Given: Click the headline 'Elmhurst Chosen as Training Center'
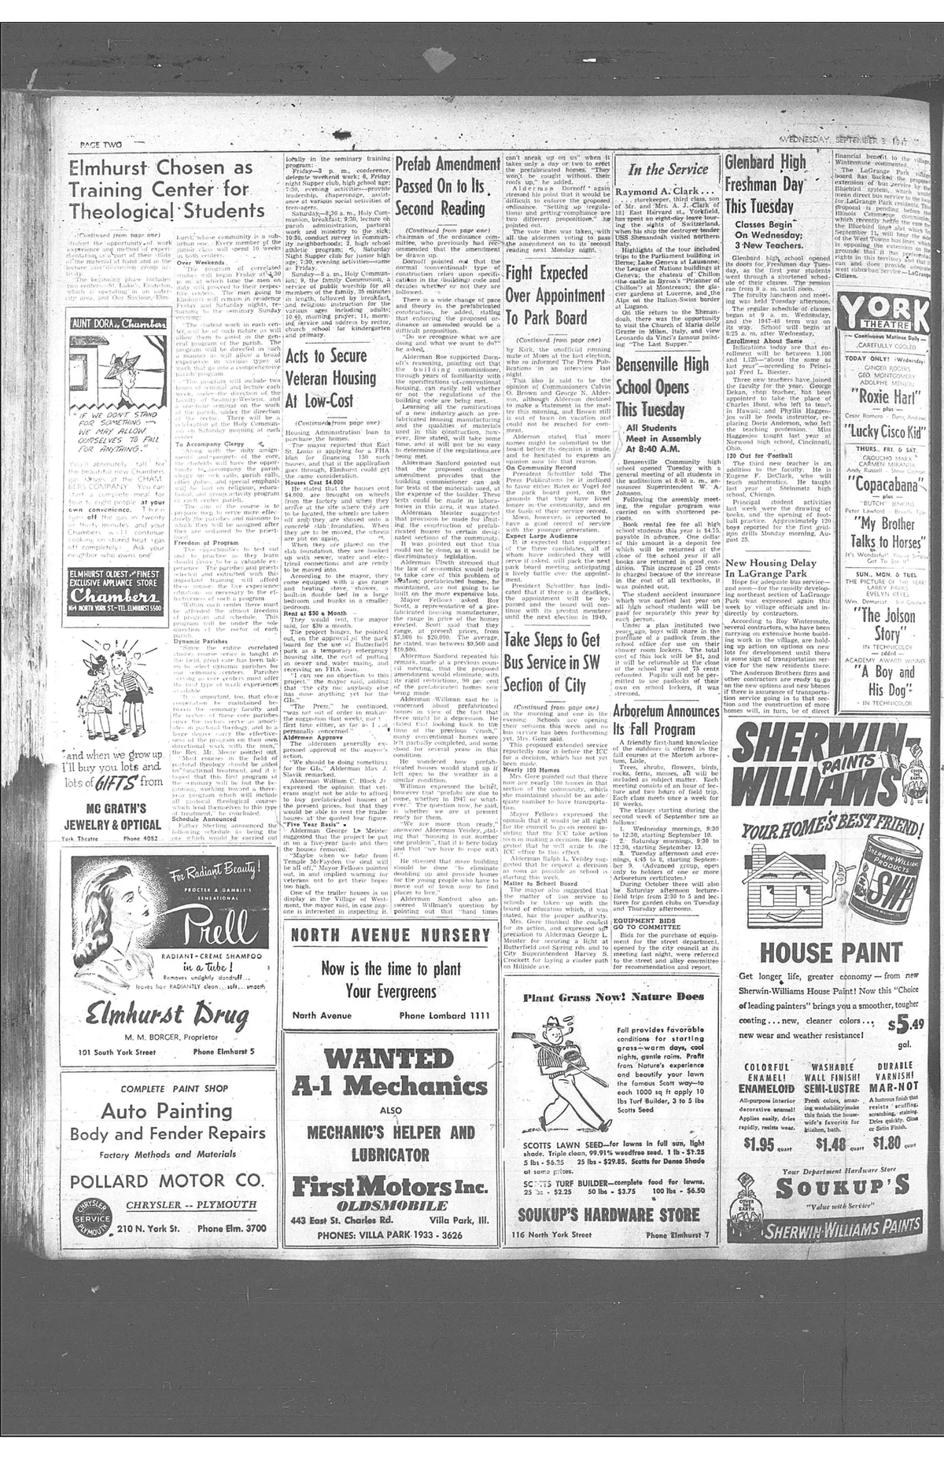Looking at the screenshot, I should tap(166, 190).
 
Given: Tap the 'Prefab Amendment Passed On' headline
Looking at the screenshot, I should tap(447, 186).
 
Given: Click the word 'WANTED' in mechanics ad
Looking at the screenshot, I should tap(391, 1056).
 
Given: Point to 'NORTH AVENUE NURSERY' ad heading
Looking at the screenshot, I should tap(390, 935).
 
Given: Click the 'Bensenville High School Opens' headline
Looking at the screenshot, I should tap(662, 387).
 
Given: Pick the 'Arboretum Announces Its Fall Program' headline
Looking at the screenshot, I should tap(666, 720).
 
